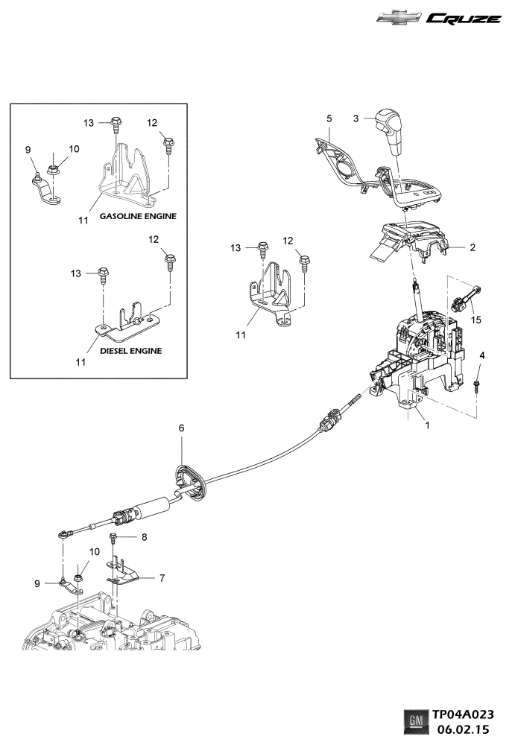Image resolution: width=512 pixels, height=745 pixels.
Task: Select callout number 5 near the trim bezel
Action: (x=329, y=118)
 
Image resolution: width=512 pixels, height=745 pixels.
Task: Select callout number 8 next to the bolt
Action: (x=145, y=536)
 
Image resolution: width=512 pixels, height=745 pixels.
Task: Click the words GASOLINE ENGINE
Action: (x=138, y=217)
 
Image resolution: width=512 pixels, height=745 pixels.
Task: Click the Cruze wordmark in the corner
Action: (x=464, y=19)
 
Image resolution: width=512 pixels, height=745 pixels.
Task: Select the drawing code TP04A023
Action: (x=464, y=714)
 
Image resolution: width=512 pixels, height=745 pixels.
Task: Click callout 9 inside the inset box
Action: (x=29, y=150)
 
